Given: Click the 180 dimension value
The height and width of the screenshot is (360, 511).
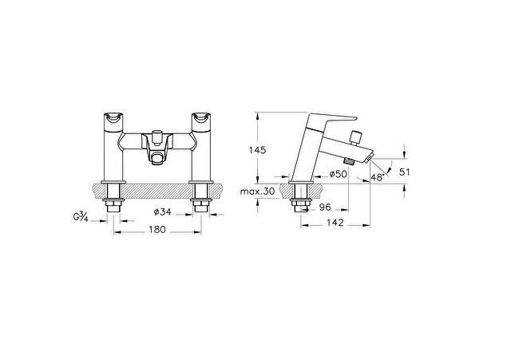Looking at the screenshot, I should click(157, 230).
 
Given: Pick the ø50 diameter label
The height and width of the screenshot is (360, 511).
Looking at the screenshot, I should click(339, 174).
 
